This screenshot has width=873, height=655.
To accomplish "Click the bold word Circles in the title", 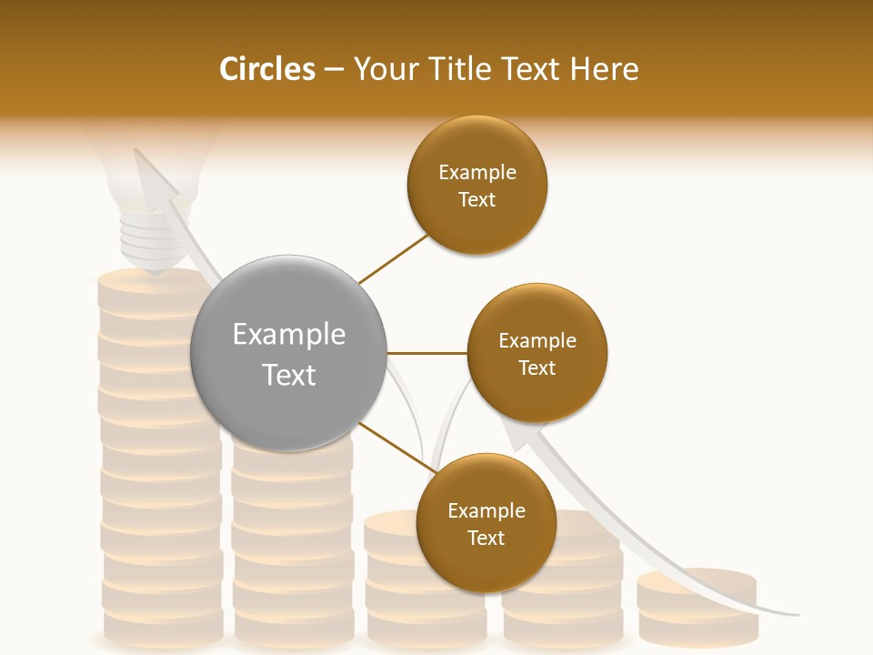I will [x=267, y=69].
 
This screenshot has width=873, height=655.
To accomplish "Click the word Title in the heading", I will [x=457, y=69].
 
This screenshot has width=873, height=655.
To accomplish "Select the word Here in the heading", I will [x=605, y=69].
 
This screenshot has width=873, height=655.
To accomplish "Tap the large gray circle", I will [x=288, y=353].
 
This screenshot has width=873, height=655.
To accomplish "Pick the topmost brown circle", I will [x=477, y=185].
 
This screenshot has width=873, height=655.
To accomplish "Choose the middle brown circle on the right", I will [x=537, y=353].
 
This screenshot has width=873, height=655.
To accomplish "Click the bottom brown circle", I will [x=486, y=523].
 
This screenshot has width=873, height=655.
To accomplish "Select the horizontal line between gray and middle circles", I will [x=426, y=353].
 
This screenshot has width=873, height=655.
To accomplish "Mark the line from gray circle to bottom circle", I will [x=396, y=448].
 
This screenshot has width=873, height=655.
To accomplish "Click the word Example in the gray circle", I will [x=288, y=335].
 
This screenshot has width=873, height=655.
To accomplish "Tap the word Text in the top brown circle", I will [x=477, y=199].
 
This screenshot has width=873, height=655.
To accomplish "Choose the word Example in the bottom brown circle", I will [x=486, y=510].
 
